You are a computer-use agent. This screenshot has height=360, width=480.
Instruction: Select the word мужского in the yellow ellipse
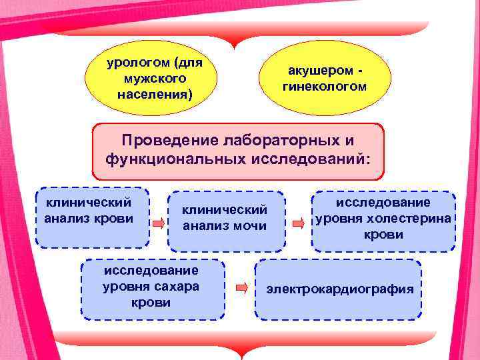155,79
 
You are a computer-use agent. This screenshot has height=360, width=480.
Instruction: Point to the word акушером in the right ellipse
319,71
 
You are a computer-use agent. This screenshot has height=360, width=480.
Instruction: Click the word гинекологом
325,86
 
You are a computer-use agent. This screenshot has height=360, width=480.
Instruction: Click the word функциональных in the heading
175,160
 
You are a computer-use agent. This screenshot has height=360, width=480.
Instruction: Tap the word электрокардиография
340,289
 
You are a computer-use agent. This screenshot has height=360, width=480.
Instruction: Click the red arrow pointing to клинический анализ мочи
158,223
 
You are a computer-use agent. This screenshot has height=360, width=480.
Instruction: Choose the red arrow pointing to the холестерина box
300,221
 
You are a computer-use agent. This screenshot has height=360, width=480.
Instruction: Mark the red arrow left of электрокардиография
242,288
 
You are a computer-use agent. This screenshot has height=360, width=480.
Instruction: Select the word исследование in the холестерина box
383,203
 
